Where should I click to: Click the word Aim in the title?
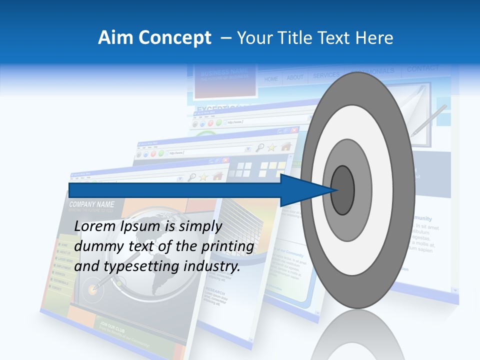(112, 37)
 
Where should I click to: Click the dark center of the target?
(342, 190)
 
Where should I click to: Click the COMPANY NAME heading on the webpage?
(91, 204)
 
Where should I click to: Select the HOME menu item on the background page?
(271, 79)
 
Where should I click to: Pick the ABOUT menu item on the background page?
(295, 77)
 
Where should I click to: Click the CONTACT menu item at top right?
(422, 68)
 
